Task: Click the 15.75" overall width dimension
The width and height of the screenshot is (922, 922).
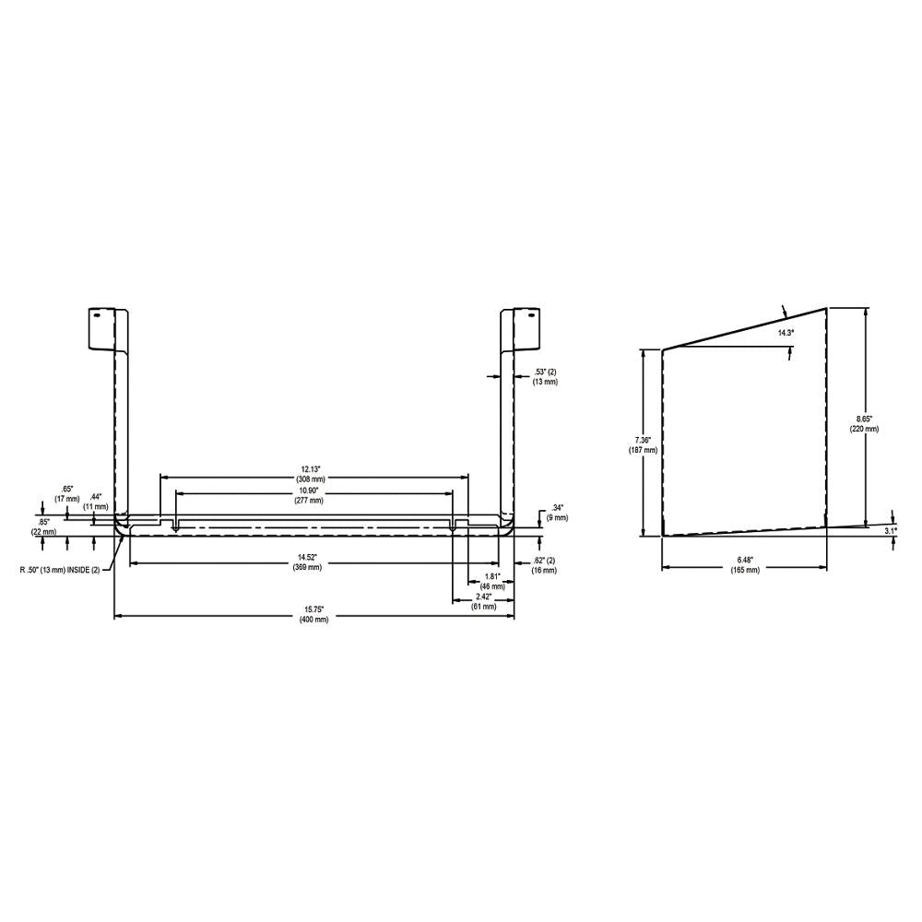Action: [x=313, y=615]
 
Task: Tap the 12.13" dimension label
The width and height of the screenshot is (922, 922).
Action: [x=310, y=474]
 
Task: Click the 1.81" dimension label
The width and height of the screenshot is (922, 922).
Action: [x=491, y=582]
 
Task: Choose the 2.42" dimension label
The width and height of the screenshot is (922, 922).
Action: [x=483, y=601]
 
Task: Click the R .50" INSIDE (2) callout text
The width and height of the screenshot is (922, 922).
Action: [x=59, y=569]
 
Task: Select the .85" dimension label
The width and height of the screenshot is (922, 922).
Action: [x=44, y=526]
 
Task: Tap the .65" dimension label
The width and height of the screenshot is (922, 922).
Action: [x=66, y=493]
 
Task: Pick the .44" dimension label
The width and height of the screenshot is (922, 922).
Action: [x=96, y=501]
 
